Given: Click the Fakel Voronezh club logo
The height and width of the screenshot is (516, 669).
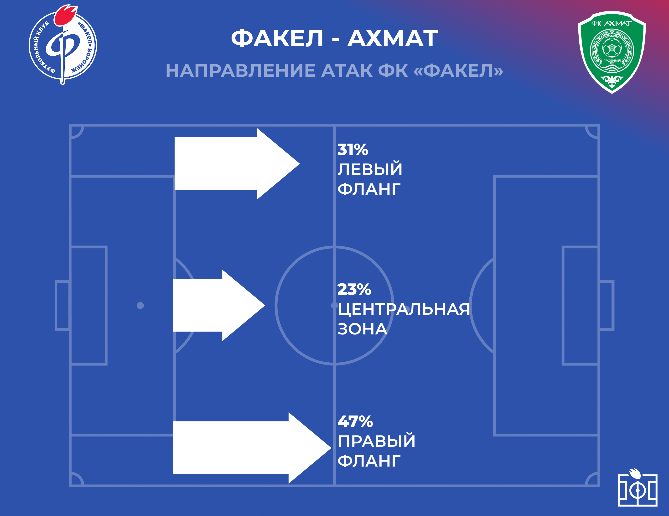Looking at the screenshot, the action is click(x=63, y=45).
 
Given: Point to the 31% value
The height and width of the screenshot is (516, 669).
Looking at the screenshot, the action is click(x=353, y=150).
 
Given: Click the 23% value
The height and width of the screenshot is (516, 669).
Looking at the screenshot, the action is click(x=354, y=289).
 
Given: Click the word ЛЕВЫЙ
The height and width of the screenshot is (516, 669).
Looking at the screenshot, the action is click(x=370, y=169).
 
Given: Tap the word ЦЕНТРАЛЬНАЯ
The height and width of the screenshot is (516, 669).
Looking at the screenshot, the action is click(x=403, y=309).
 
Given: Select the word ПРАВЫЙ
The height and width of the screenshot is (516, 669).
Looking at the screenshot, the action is click(x=376, y=441).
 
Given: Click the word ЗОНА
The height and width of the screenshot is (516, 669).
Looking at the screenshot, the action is click(x=362, y=329).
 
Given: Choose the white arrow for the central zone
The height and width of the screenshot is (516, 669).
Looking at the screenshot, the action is click(x=219, y=305).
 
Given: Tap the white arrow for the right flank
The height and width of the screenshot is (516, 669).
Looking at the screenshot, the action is click(x=252, y=448).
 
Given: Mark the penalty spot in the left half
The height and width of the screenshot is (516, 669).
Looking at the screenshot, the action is click(x=140, y=306).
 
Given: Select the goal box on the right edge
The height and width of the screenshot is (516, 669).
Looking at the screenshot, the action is click(x=606, y=306).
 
